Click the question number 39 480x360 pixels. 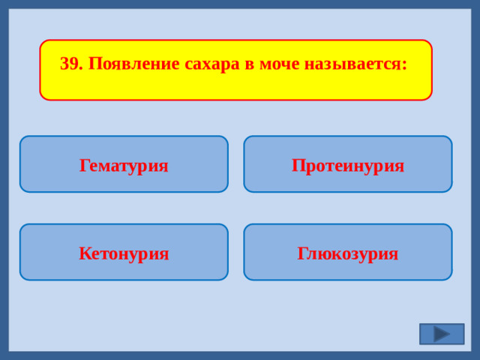70,64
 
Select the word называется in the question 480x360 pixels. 352,64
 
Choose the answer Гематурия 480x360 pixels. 124,165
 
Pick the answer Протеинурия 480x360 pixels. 348,165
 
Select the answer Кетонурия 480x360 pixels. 124,253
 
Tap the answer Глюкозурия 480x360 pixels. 348,253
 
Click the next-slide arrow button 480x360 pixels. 442,334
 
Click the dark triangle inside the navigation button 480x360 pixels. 442,334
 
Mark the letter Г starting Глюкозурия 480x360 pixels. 302,253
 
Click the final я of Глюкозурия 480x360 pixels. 393,254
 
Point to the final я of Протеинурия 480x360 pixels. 399,166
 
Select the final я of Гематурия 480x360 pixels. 163,166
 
